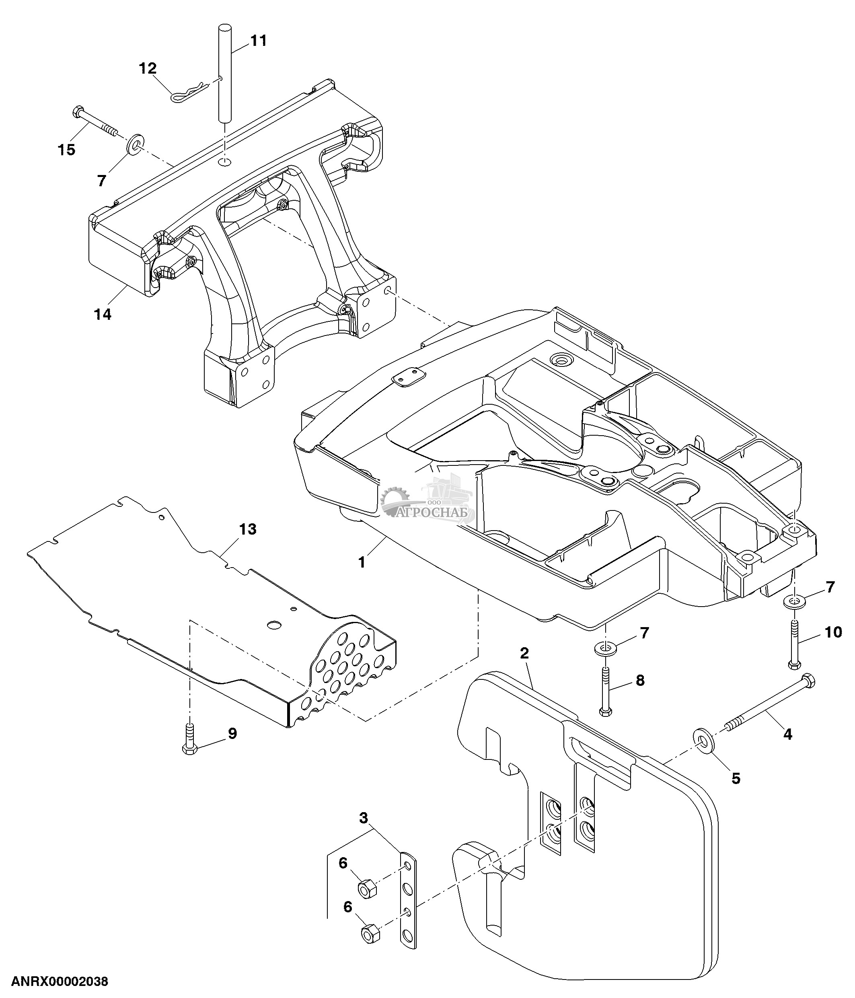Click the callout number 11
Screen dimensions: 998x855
coord(259,41)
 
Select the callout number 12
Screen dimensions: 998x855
coord(148,68)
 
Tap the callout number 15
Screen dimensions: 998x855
coord(66,150)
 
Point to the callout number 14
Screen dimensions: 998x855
coord(103,315)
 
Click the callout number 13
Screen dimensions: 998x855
coord(248,529)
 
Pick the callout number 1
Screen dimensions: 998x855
coord(362,562)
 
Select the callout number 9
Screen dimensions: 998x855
coord(232,734)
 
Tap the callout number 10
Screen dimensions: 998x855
coord(833,632)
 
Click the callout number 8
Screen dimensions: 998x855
coord(640,680)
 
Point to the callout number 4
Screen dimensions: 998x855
coord(787,734)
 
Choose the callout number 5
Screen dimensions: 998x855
coord(736,778)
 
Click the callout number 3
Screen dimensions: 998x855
coord(364,817)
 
